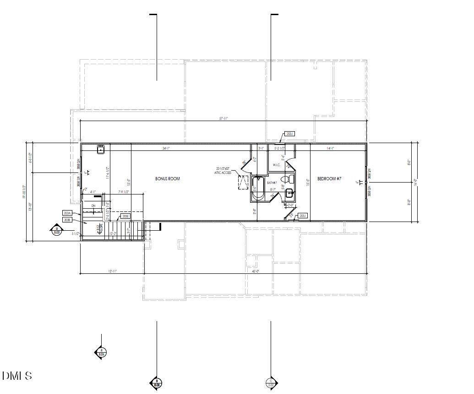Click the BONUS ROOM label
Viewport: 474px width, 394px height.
[x=167, y=178]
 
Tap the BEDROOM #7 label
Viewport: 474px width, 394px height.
[x=329, y=178]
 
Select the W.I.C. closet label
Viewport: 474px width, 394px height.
[x=276, y=165]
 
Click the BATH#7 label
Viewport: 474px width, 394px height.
[x=272, y=183]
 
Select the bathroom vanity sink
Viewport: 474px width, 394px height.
[x=290, y=194]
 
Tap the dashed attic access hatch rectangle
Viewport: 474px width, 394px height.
[x=243, y=182]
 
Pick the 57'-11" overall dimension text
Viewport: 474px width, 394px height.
[x=223, y=118]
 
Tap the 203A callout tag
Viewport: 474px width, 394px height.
[x=67, y=213]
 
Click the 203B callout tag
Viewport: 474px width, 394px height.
[x=67, y=220]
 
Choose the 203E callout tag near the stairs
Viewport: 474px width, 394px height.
[x=125, y=216]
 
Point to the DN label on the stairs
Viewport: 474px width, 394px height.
[x=93, y=206]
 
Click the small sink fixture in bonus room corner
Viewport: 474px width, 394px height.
[x=101, y=149]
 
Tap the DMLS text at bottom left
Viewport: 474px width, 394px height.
[x=17, y=376]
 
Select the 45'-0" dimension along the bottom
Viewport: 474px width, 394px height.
[x=256, y=271]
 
